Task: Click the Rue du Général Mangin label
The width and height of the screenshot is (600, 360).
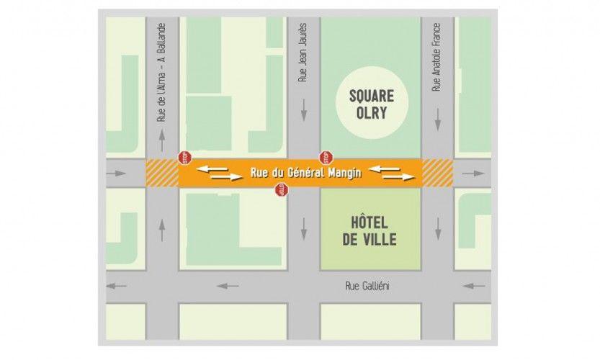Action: point(306,173)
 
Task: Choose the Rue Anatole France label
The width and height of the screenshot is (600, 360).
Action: point(436,56)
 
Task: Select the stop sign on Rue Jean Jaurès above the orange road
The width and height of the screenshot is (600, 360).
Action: point(325,156)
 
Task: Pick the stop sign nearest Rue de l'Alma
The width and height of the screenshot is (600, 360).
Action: point(184,156)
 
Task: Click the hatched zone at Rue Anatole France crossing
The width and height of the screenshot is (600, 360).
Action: point(437,173)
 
